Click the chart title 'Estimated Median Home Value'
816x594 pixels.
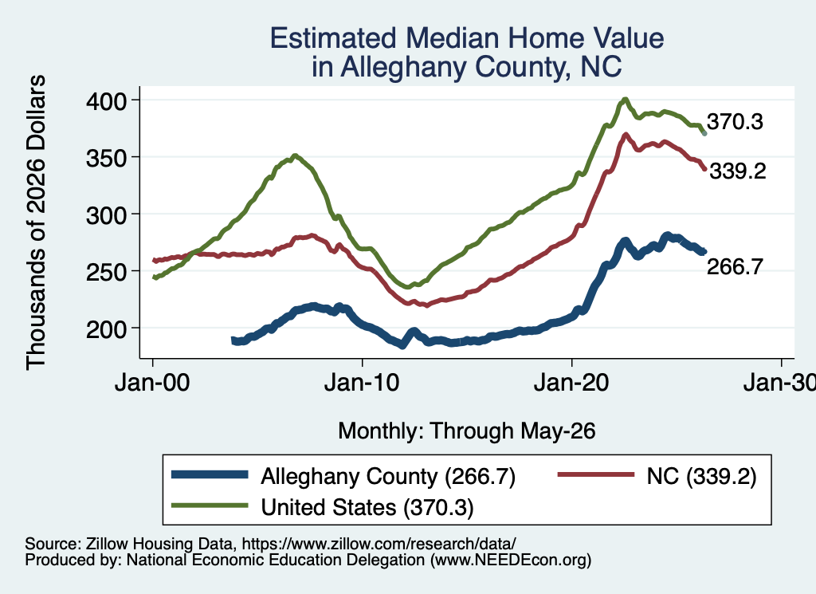pyautogui.click(x=467, y=38)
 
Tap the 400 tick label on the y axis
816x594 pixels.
pyautogui.click(x=106, y=101)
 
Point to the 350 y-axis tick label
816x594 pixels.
pyautogui.click(x=106, y=158)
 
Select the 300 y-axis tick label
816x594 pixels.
pyautogui.click(x=106, y=214)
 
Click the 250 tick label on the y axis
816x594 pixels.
pyautogui.click(x=106, y=271)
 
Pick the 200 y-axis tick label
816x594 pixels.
pyautogui.click(x=106, y=328)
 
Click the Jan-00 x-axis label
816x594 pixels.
pyautogui.click(x=152, y=383)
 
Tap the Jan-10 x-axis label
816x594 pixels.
pyautogui.click(x=362, y=383)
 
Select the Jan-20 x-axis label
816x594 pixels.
pyautogui.click(x=571, y=383)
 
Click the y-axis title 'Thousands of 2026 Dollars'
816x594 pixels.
pyautogui.click(x=36, y=222)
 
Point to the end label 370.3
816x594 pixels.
pyautogui.click(x=735, y=122)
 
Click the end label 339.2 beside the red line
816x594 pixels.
pyautogui.click(x=738, y=171)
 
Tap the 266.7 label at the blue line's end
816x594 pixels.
pyautogui.click(x=735, y=266)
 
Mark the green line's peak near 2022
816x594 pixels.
pyautogui.click(x=625, y=100)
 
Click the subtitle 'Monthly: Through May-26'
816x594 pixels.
pyautogui.click(x=467, y=431)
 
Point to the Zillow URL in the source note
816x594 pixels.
pyautogui.click(x=379, y=544)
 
